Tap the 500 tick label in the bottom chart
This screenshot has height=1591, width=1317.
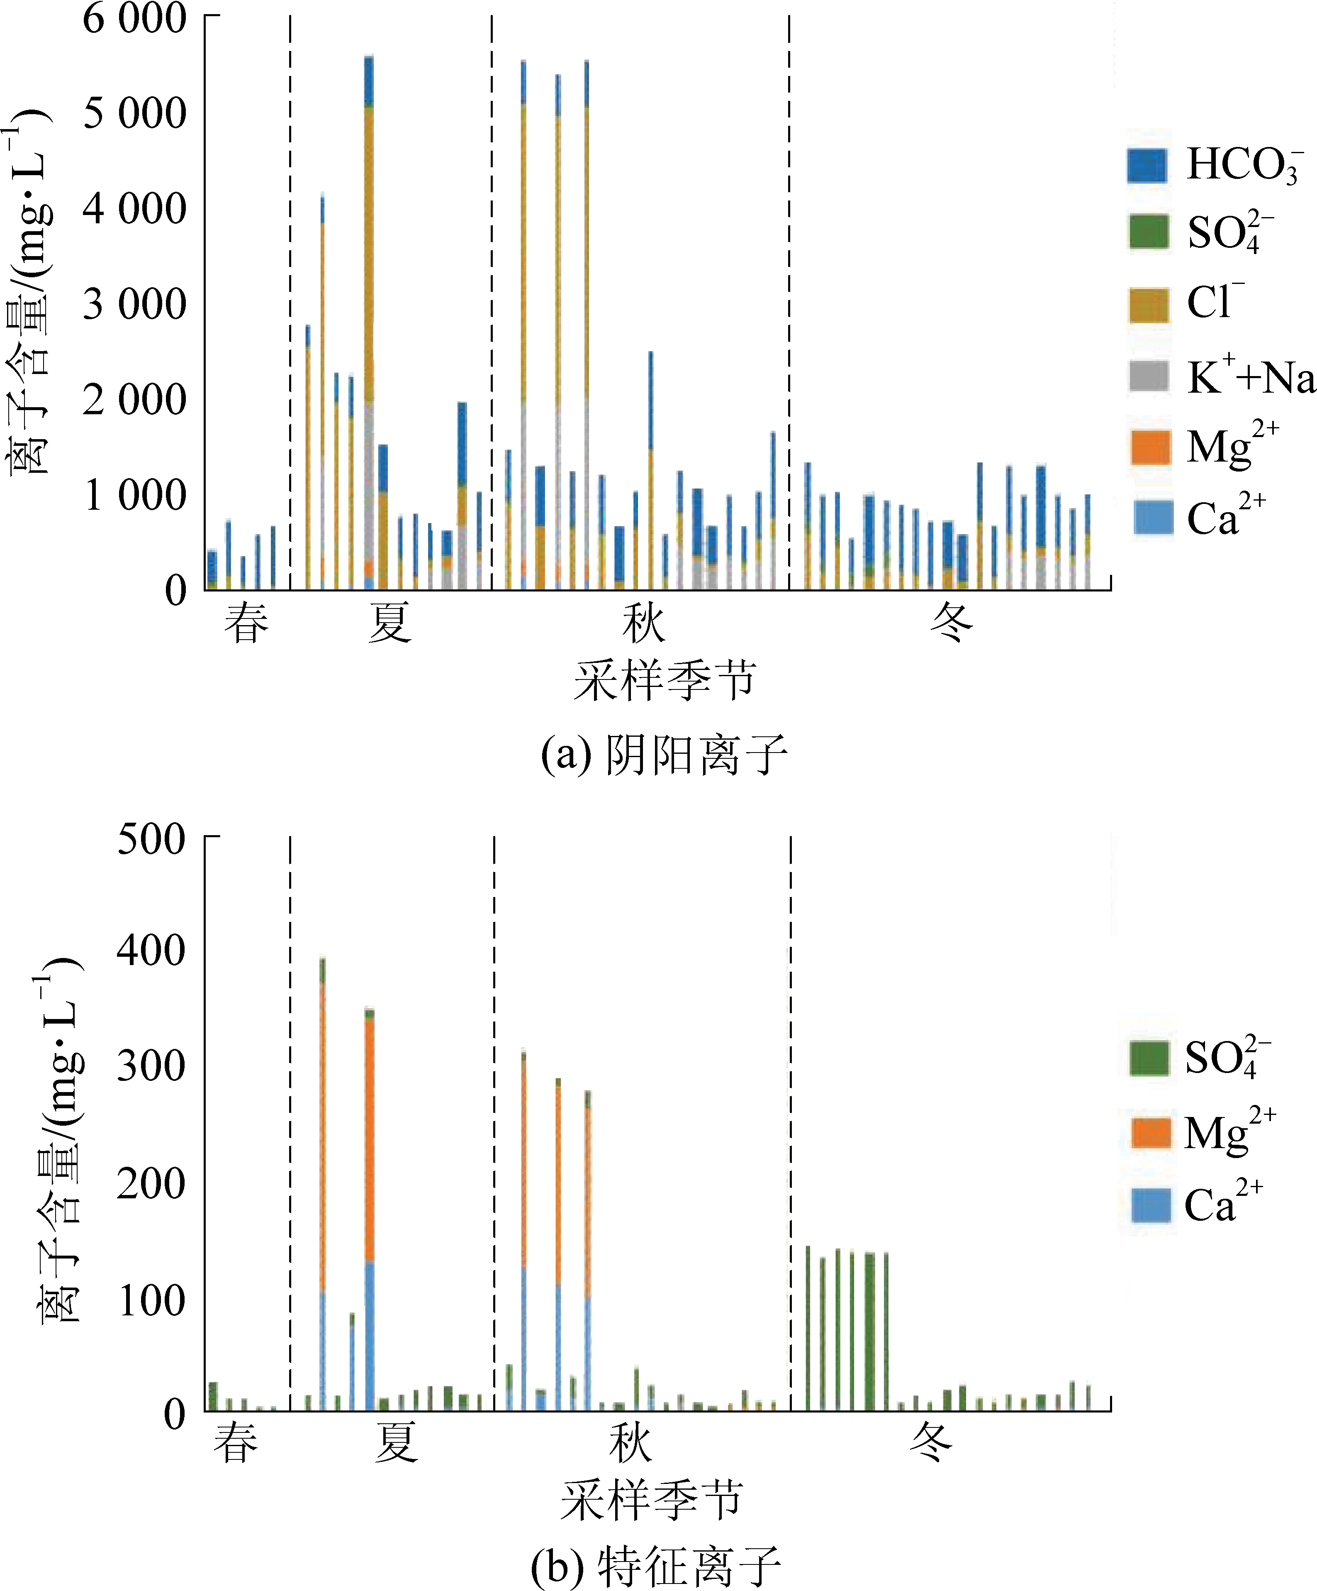click(151, 839)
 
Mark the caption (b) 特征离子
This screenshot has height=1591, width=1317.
click(656, 1567)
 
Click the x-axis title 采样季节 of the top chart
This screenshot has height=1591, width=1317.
click(665, 679)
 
